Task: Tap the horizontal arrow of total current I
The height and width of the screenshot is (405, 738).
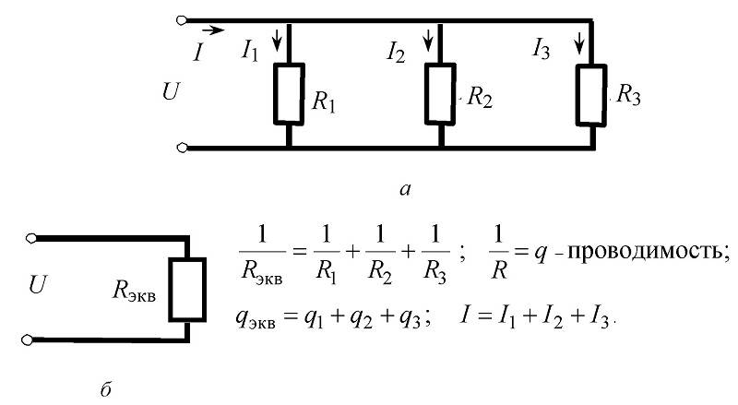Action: coord(212,30)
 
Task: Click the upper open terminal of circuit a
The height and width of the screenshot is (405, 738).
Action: coord(183,19)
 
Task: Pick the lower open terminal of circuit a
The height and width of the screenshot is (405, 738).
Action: coord(183,148)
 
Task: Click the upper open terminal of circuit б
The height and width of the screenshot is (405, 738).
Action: coord(32,238)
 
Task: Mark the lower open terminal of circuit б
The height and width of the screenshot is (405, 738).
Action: coord(32,339)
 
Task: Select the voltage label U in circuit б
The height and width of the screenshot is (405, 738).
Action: coord(38,288)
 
